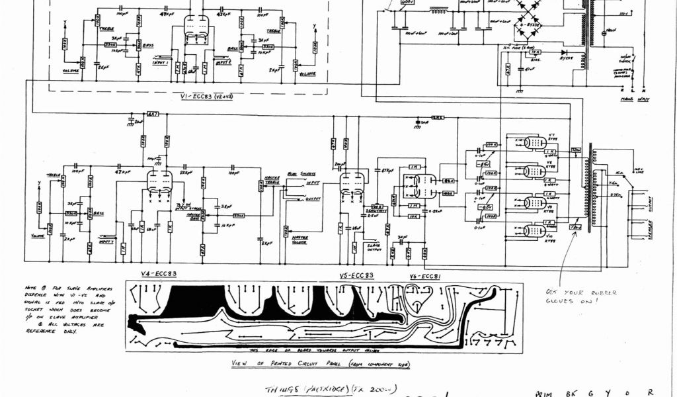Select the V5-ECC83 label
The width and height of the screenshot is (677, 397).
click(x=357, y=275)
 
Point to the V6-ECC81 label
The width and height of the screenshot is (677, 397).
click(x=423, y=275)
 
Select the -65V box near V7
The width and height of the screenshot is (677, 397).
click(x=485, y=163)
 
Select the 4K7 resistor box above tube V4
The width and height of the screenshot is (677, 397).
click(x=153, y=114)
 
